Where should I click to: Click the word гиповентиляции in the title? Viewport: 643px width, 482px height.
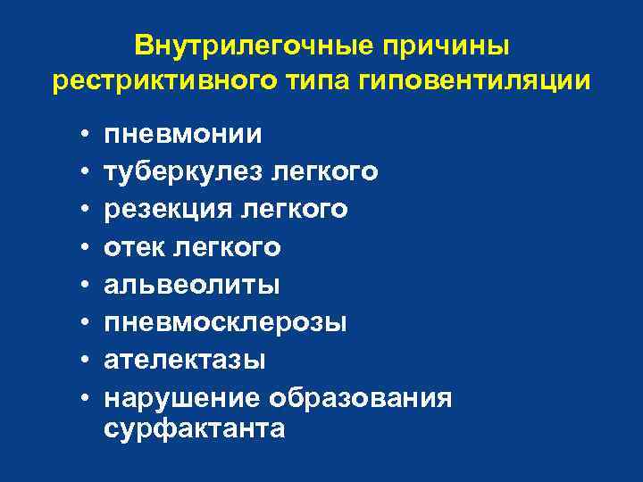(474, 79)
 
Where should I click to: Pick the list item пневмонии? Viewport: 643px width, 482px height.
(183, 135)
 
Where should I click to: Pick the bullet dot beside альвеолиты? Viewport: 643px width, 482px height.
(82, 284)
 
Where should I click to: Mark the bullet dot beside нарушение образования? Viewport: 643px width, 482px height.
(82, 395)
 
